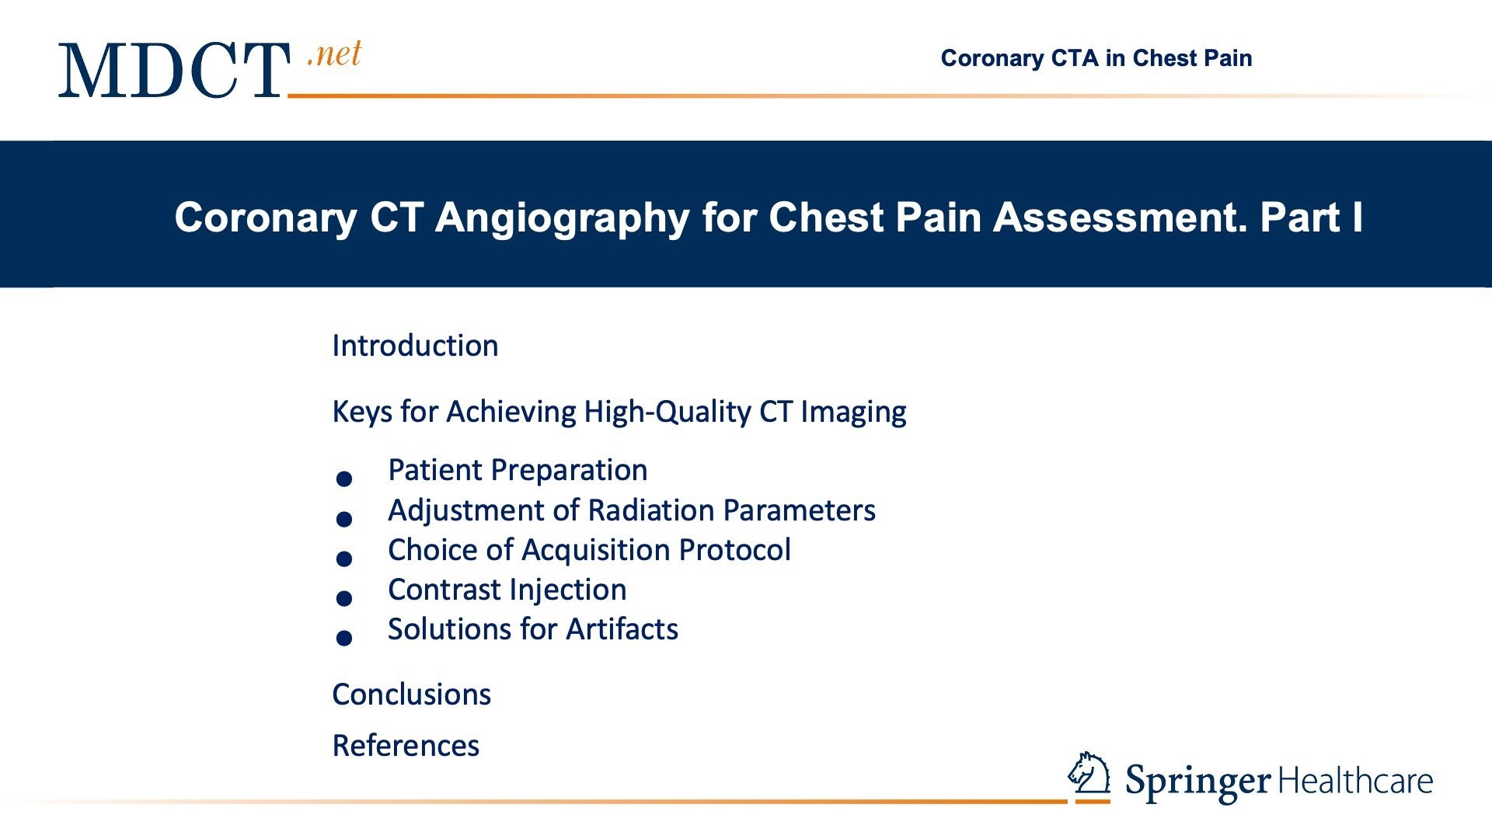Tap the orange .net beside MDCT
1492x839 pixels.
pos(335,54)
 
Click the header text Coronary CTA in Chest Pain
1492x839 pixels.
pos(1096,58)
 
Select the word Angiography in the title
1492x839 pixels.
pos(563,218)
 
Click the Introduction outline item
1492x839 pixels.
pos(415,346)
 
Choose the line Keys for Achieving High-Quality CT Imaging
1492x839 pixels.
pos(619,412)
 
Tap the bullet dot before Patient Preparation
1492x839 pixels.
pos(344,479)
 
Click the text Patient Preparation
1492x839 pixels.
pos(518,470)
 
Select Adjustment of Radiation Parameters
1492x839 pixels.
pos(632,510)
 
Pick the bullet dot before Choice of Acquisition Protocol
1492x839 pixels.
pos(344,559)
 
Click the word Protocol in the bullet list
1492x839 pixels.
pos(734,550)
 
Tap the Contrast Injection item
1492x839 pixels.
pos(507,590)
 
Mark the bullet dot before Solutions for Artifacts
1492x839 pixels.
pos(344,638)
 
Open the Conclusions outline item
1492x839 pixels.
pos(411,695)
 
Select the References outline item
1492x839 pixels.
pos(406,746)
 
